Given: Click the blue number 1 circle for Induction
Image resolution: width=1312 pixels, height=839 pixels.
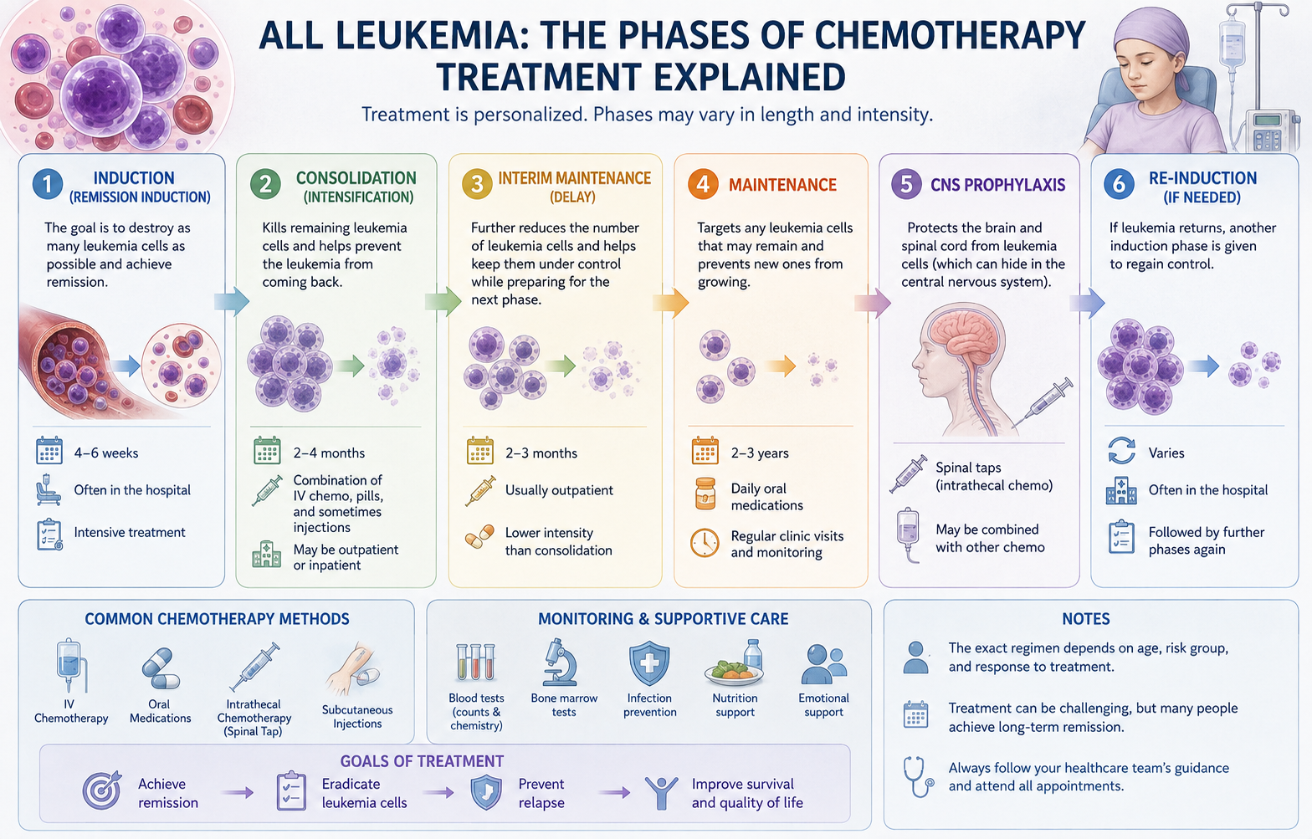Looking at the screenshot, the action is pos(48,185).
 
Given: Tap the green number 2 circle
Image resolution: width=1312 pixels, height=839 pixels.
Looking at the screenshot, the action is pos(265,185).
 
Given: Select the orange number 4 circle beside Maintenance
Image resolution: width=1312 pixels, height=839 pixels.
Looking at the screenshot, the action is pos(703,184).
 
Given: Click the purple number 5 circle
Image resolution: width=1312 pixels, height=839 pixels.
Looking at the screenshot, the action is pos(906,184).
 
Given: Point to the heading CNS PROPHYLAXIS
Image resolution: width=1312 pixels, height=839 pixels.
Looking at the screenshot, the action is pos(998,185).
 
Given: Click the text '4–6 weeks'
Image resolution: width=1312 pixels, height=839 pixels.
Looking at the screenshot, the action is pos(106,453).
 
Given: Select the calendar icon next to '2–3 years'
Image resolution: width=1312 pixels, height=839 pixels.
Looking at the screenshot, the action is pos(705,451).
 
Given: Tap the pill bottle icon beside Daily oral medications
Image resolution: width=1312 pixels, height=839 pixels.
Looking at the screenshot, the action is pos(705,494).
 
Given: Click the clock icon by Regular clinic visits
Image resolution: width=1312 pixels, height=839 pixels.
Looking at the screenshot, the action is pos(705,543).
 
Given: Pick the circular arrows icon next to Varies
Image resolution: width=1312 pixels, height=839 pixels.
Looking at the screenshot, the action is pos(1121,451).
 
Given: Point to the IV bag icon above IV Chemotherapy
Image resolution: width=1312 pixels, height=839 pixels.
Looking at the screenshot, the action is pos(71,667).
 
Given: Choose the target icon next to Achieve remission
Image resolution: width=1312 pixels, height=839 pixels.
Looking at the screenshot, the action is pos(102,790).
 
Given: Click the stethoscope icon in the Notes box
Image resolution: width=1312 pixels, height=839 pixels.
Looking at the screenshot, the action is pos(918,777).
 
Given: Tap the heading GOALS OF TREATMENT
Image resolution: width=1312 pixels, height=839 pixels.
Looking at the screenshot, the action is pos(422,761).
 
